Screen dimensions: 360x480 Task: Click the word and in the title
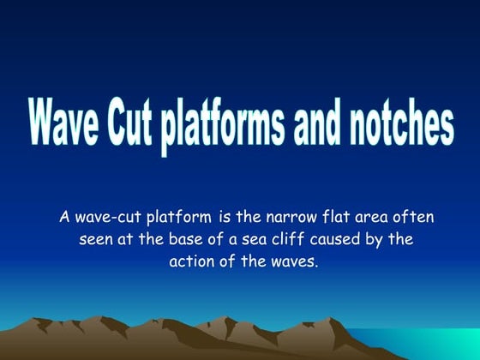point(317,125)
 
